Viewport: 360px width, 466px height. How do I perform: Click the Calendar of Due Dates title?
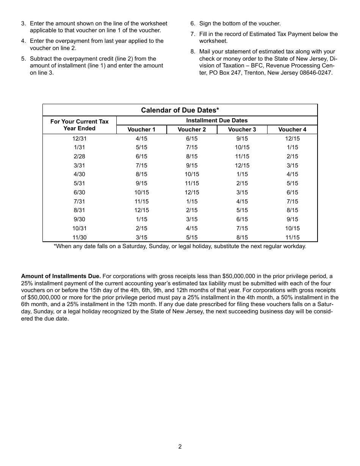point(180,110)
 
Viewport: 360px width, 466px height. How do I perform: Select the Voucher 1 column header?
point(141,130)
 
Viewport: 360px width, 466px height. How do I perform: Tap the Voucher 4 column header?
point(292,130)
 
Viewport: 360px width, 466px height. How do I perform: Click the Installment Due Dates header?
point(217,120)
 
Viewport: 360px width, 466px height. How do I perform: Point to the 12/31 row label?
point(80,139)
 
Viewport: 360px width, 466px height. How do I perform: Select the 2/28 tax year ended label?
point(79,156)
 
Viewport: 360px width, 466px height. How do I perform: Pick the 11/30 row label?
point(80,238)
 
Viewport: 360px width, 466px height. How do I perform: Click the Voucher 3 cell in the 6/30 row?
point(242,192)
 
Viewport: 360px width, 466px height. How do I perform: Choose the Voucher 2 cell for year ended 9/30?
point(192,219)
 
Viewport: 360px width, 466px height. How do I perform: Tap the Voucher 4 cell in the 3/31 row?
point(292,166)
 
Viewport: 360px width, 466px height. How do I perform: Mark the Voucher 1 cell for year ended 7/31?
point(141,202)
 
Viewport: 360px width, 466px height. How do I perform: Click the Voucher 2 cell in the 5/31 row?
point(192,183)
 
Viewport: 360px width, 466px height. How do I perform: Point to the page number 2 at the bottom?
point(180,446)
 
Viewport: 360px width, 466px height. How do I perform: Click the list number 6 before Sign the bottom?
point(192,23)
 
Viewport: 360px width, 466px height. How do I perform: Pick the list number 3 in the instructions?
point(23,23)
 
